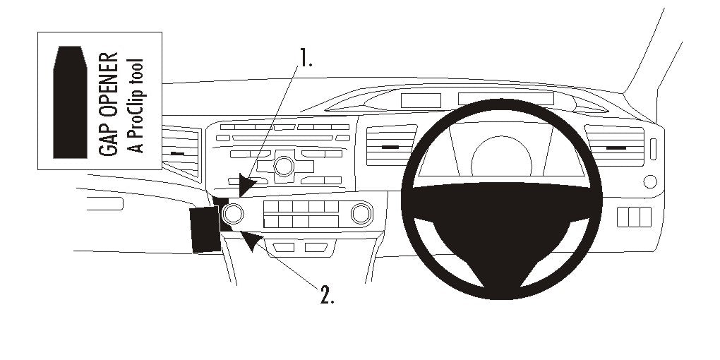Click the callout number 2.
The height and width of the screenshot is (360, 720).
coord(325,295)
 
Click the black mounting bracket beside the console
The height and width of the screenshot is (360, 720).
coord(205,229)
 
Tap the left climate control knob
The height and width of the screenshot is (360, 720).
coord(234,212)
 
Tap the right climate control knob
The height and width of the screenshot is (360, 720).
coord(361,212)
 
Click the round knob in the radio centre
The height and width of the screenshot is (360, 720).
coord(284,167)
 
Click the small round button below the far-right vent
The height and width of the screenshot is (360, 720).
coord(650,181)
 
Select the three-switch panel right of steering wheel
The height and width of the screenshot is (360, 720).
coord(633,217)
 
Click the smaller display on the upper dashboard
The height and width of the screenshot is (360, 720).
coord(416,100)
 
